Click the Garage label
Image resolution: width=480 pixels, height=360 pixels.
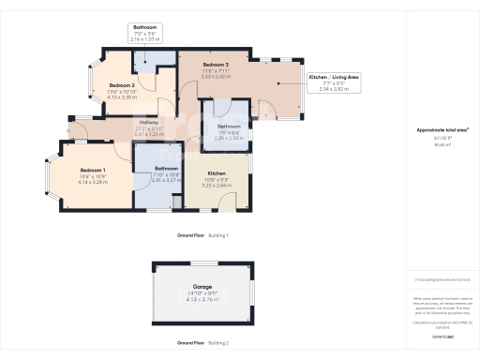(x=202, y=286)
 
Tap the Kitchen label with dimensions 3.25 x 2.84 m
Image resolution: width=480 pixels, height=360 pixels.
(x=217, y=174)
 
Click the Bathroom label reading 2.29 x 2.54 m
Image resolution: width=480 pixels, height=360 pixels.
(x=230, y=136)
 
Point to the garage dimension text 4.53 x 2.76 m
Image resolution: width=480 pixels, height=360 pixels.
(x=202, y=299)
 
